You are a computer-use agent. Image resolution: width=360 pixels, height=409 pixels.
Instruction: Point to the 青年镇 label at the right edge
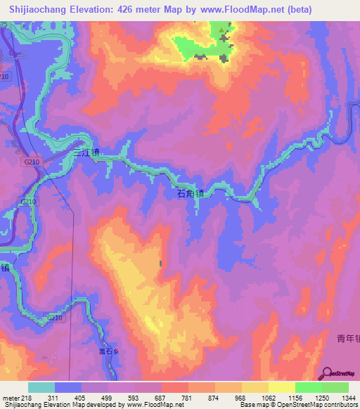(x=349, y=339)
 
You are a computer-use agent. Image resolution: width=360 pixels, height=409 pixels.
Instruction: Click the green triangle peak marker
(x=223, y=30)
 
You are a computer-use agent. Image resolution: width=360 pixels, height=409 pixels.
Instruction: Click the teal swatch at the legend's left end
(x=41, y=387)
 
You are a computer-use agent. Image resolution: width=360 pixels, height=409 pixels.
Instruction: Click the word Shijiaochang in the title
(x=34, y=9)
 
